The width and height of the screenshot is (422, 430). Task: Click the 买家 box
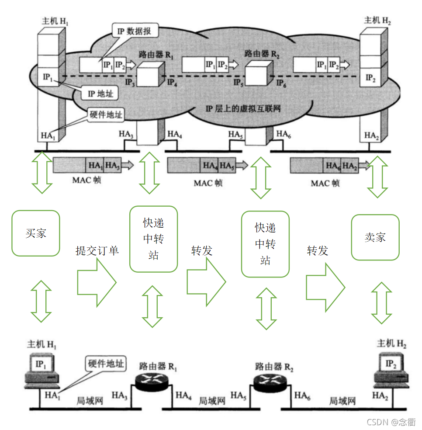(35, 233)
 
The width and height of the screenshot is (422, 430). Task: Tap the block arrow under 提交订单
(97, 282)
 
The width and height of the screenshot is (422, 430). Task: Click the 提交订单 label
(97, 251)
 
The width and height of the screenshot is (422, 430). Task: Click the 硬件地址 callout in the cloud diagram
(106, 115)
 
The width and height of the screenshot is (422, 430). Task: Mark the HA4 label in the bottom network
(184, 395)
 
